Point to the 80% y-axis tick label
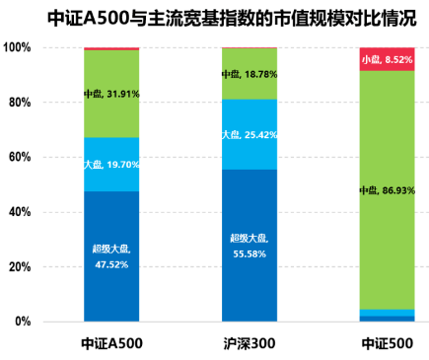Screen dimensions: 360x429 coord(20,103)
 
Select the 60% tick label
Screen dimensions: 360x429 coord(20,157)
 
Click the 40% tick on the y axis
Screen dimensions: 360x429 coord(20,212)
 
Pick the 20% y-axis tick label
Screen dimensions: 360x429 coord(20,266)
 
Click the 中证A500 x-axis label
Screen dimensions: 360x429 coord(110,343)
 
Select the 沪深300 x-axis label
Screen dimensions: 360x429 coord(249,343)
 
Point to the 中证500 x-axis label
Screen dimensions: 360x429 coord(387,343)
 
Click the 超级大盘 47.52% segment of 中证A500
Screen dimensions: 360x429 coord(110,256)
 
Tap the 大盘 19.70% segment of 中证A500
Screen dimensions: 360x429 coord(110,165)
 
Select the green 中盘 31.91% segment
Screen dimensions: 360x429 coord(110,94)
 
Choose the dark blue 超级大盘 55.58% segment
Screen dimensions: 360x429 coord(249,246)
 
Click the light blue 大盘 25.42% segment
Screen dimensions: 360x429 coord(249,134)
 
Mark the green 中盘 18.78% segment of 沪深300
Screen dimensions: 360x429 coord(249,74)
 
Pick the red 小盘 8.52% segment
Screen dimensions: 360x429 coord(387,59)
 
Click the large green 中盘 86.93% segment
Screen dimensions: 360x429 coord(387,189)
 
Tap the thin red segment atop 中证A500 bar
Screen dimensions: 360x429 coord(110,48)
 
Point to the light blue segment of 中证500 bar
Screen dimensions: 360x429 coord(387,313)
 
